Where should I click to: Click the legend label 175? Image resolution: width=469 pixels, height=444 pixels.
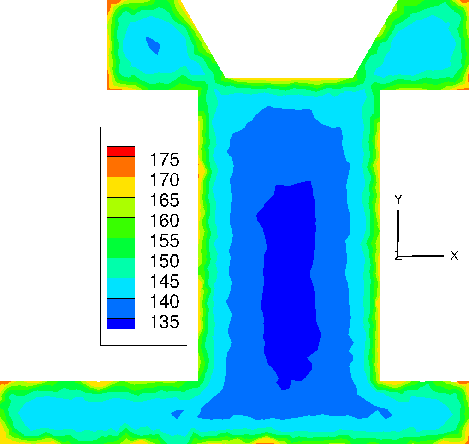164,159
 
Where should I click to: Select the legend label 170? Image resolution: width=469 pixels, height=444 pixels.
164,180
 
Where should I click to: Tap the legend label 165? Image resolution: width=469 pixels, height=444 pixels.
164,200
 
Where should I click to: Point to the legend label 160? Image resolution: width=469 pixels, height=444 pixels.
164,220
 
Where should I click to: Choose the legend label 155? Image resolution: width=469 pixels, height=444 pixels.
164,240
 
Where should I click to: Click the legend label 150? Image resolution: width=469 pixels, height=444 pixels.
164,261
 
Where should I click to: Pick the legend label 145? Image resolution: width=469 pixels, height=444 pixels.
164,281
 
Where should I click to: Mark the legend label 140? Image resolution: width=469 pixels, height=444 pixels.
164,301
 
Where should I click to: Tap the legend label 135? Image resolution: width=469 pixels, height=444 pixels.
164,322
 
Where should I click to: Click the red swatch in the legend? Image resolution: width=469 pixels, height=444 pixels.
121,151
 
